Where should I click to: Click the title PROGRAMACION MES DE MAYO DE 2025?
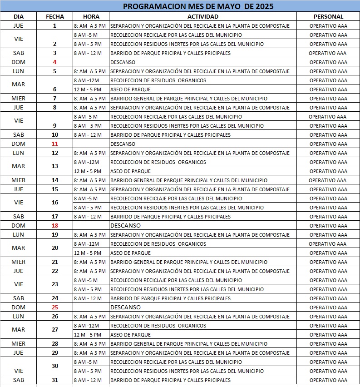pos(198,6)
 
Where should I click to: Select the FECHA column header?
pos(55,16)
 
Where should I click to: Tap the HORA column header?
pos(91,16)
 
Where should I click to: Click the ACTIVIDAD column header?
pos(202,16)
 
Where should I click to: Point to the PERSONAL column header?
pos(328,16)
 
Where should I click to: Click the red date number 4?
pos(55,62)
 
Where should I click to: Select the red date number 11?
pos(55,144)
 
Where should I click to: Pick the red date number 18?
pos(55,226)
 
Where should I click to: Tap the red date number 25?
pos(55,308)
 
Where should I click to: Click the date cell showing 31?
pos(55,380)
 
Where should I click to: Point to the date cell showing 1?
pos(55,26)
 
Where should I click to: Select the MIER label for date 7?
pos(19,99)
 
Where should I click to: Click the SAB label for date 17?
pos(19,217)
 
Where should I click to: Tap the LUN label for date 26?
pos(19,317)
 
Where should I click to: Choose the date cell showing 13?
pos(55,166)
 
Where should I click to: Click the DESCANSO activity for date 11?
pos(123,144)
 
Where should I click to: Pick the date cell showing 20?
pos(55,248)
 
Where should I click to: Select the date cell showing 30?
pos(55,366)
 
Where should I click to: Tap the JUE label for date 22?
pos(19,271)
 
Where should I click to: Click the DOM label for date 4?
pos(19,62)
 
